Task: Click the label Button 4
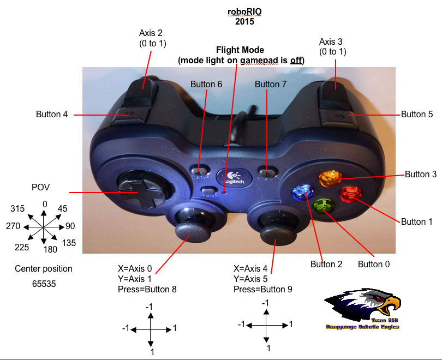coord(52,115)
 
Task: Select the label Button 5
coord(417,115)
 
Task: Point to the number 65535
coord(44,284)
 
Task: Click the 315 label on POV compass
coord(18,209)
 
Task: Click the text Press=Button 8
coord(147,289)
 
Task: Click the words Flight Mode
coord(240,50)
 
